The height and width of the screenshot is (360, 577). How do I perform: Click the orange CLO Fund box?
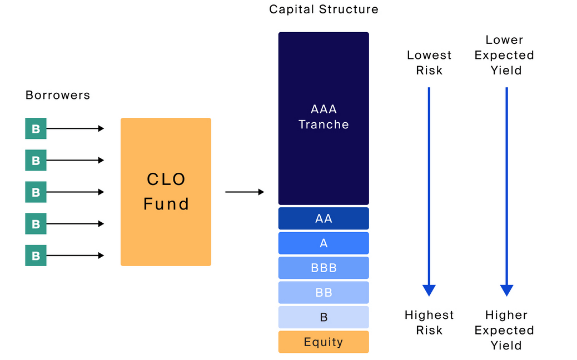click(x=166, y=192)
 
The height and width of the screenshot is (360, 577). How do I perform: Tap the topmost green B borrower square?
click(x=36, y=129)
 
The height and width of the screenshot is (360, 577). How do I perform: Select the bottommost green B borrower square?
click(x=36, y=256)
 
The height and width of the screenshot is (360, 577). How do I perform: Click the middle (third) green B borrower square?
click(x=36, y=192)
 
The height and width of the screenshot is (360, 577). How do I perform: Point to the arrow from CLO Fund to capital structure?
click(x=245, y=192)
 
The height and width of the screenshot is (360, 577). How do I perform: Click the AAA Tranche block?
click(x=324, y=118)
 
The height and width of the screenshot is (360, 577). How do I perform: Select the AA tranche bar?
click(x=324, y=218)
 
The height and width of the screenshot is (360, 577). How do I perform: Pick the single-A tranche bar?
click(x=324, y=243)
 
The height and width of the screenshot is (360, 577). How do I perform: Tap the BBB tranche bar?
click(x=324, y=268)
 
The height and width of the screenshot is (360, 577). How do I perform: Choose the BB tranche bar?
click(x=324, y=292)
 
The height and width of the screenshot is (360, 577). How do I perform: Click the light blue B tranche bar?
click(x=324, y=317)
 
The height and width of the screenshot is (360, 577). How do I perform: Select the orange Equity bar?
click(x=324, y=342)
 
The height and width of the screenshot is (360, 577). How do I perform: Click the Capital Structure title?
click(x=324, y=9)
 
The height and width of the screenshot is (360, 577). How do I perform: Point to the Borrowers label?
click(x=58, y=95)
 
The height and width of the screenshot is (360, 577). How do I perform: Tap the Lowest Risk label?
click(x=429, y=63)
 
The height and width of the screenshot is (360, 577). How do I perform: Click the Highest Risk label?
click(x=429, y=322)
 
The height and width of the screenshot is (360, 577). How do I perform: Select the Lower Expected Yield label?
click(x=505, y=55)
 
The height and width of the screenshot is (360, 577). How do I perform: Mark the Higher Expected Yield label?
click(x=505, y=330)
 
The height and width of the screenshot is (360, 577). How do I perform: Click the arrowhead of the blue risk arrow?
click(x=429, y=290)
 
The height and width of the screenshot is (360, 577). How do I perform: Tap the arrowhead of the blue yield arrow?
click(x=506, y=290)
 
